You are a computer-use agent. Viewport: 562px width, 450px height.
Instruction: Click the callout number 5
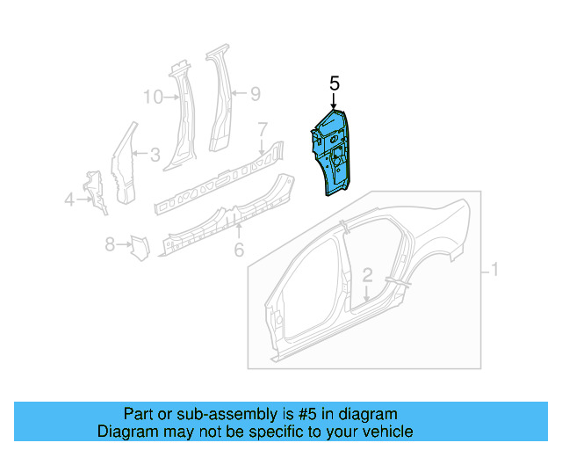click(334, 83)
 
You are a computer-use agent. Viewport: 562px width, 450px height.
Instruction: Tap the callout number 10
click(153, 97)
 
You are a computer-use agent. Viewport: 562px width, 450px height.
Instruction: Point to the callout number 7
click(262, 130)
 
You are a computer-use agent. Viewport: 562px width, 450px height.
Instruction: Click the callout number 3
click(154, 156)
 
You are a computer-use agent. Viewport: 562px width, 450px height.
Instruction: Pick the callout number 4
click(69, 200)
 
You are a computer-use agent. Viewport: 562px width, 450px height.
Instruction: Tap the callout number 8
click(111, 244)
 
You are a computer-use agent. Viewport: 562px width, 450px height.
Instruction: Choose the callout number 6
click(238, 250)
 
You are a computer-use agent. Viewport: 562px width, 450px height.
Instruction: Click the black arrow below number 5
click(334, 102)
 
